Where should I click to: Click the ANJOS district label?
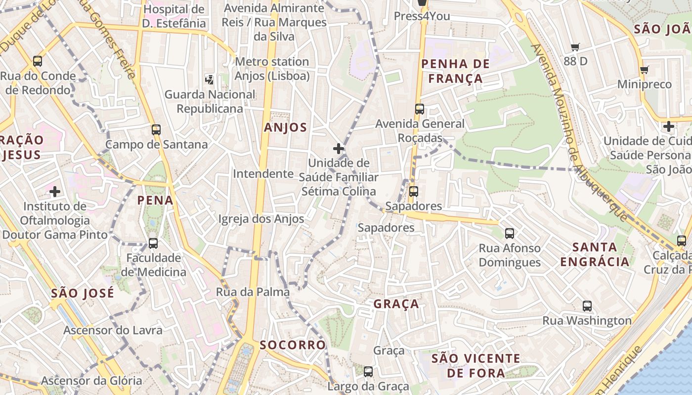click(285, 127)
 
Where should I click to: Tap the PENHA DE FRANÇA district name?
click(455, 71)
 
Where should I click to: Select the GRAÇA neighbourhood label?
click(396, 304)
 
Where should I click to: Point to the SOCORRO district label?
click(293, 345)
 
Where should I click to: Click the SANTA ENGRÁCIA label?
click(595, 254)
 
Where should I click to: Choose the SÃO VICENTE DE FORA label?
click(476, 365)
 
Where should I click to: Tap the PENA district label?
click(155, 200)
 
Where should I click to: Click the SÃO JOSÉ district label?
click(83, 293)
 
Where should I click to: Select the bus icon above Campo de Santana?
click(156, 130)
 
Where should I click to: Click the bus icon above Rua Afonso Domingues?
click(510, 234)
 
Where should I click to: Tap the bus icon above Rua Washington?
click(587, 306)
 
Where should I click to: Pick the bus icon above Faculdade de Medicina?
click(153, 243)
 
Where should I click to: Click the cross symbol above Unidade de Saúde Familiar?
click(339, 148)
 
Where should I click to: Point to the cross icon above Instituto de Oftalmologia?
click(55, 191)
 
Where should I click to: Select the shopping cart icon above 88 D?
click(575, 47)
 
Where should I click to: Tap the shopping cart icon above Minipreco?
click(645, 70)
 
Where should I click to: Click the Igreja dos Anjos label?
click(261, 219)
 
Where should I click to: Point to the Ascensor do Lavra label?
click(113, 330)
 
